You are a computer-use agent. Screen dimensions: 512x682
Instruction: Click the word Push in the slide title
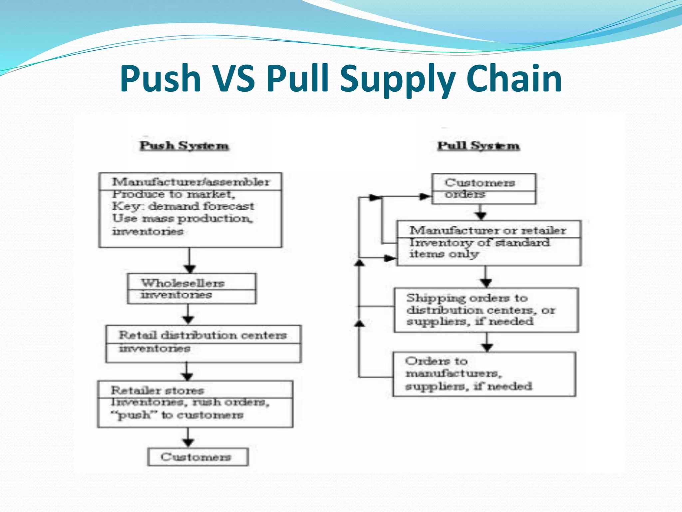point(161,79)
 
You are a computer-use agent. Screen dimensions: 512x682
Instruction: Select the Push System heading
point(184,146)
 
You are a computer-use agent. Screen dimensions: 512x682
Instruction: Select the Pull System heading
point(478,146)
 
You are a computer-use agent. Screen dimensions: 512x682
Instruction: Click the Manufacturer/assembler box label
point(190,182)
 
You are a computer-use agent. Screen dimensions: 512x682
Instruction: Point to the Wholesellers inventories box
point(191,289)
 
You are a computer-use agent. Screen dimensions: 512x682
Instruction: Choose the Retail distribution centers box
point(203,344)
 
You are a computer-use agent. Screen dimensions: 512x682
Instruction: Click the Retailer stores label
point(157,390)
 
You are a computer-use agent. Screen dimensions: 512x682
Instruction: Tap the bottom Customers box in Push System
point(198,457)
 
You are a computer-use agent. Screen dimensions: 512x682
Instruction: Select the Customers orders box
point(484,189)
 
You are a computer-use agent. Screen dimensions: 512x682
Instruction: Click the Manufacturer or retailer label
point(488,230)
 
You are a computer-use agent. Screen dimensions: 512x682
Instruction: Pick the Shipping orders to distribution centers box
point(486,310)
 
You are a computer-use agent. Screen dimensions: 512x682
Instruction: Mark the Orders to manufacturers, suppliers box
point(484,374)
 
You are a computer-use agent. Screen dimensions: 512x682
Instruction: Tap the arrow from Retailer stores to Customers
point(188,438)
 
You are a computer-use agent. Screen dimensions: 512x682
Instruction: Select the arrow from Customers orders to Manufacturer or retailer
point(481,212)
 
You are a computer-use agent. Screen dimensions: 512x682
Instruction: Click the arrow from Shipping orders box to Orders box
point(487,342)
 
